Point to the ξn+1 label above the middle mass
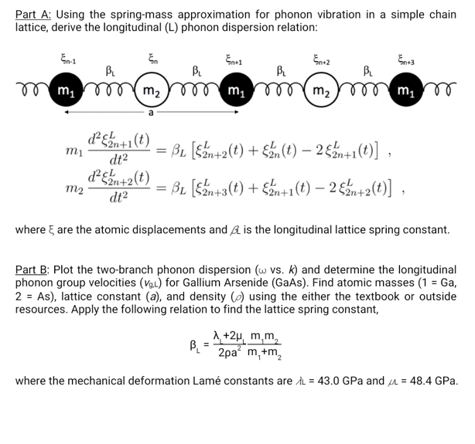232,57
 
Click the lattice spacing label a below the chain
149,113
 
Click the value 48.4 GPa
432,381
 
